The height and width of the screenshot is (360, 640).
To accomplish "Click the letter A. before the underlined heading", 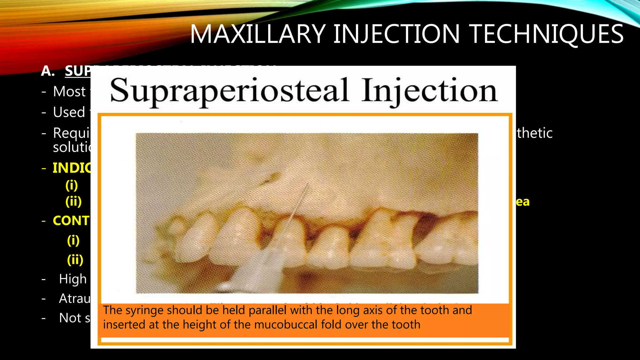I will [48, 71].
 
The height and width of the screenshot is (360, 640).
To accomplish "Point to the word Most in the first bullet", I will [69, 92].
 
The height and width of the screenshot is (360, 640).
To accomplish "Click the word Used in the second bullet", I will [69, 112].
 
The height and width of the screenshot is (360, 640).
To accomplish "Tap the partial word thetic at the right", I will [535, 133].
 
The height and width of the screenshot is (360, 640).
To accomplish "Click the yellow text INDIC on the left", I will [72, 168].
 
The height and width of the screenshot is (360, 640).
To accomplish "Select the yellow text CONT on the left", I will [71, 221].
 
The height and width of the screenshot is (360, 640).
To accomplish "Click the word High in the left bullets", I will [73, 279].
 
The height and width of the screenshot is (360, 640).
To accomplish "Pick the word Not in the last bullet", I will [70, 318].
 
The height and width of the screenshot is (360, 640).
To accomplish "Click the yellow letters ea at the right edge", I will [522, 202].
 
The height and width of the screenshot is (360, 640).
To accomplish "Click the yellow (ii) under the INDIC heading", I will [73, 202].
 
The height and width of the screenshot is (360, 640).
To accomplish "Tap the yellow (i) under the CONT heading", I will [73, 240].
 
